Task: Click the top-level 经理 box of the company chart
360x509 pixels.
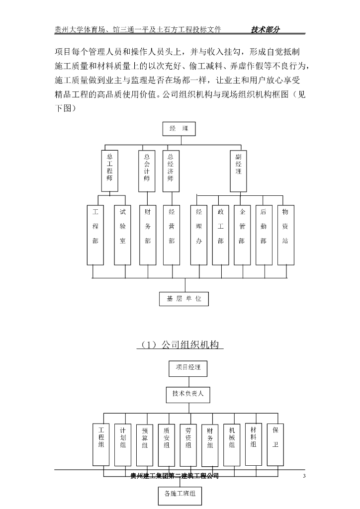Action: tap(179, 129)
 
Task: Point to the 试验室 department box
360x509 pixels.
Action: tap(123, 234)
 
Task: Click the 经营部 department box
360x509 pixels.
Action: tap(172, 234)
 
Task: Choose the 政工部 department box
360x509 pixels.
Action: tap(221, 234)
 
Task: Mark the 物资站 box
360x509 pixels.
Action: tap(285, 234)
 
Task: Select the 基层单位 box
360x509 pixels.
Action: tap(183, 299)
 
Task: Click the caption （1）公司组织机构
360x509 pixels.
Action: tap(180, 344)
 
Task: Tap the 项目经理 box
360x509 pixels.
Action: tap(188, 368)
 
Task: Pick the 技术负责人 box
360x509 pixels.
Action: tap(188, 395)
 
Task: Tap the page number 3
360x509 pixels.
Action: tap(304, 477)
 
